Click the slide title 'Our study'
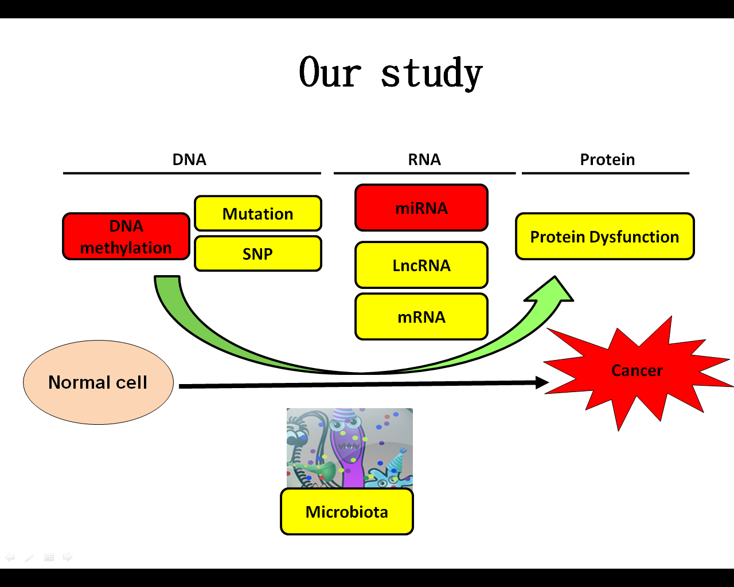pos(391,73)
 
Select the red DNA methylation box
pos(126,236)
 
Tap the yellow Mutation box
pos(258,213)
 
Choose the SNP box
pos(258,254)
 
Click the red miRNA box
pos(421,208)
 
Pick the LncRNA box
pos(421,265)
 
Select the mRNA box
pos(421,317)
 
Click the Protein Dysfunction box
pos(605,236)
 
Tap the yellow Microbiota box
pos(347,512)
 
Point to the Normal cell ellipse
pos(98,382)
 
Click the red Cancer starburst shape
pos(637,372)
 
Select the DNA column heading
pos(189,159)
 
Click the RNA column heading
pos(425,159)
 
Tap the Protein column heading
pos(607,159)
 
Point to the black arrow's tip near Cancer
pos(548,382)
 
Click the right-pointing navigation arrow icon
pos(68,557)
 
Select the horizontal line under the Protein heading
pos(606,173)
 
